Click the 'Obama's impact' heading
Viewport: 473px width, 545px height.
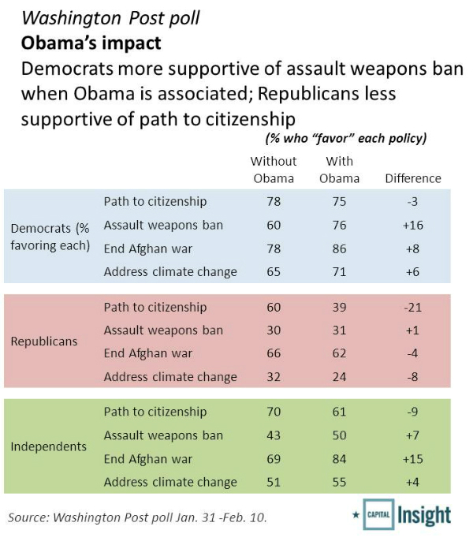point(91,41)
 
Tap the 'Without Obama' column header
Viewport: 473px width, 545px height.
point(274,170)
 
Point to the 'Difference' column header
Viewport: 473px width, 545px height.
point(412,178)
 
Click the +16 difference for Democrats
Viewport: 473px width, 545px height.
point(412,225)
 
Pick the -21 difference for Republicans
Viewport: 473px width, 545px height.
point(412,307)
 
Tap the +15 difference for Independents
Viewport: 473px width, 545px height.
point(412,458)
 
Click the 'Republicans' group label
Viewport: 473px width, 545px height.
point(45,342)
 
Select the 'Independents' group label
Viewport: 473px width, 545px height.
point(48,446)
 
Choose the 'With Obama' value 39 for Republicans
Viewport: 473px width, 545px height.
point(339,307)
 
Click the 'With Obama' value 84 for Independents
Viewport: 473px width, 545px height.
point(339,458)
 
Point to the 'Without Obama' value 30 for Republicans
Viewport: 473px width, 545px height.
point(274,330)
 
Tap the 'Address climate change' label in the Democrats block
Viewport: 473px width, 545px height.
point(170,272)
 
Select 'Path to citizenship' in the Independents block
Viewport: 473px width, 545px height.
point(155,412)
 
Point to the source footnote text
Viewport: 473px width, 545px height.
point(137,517)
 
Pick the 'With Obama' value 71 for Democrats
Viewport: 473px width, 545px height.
point(339,272)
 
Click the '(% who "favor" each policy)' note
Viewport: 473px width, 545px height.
point(345,139)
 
